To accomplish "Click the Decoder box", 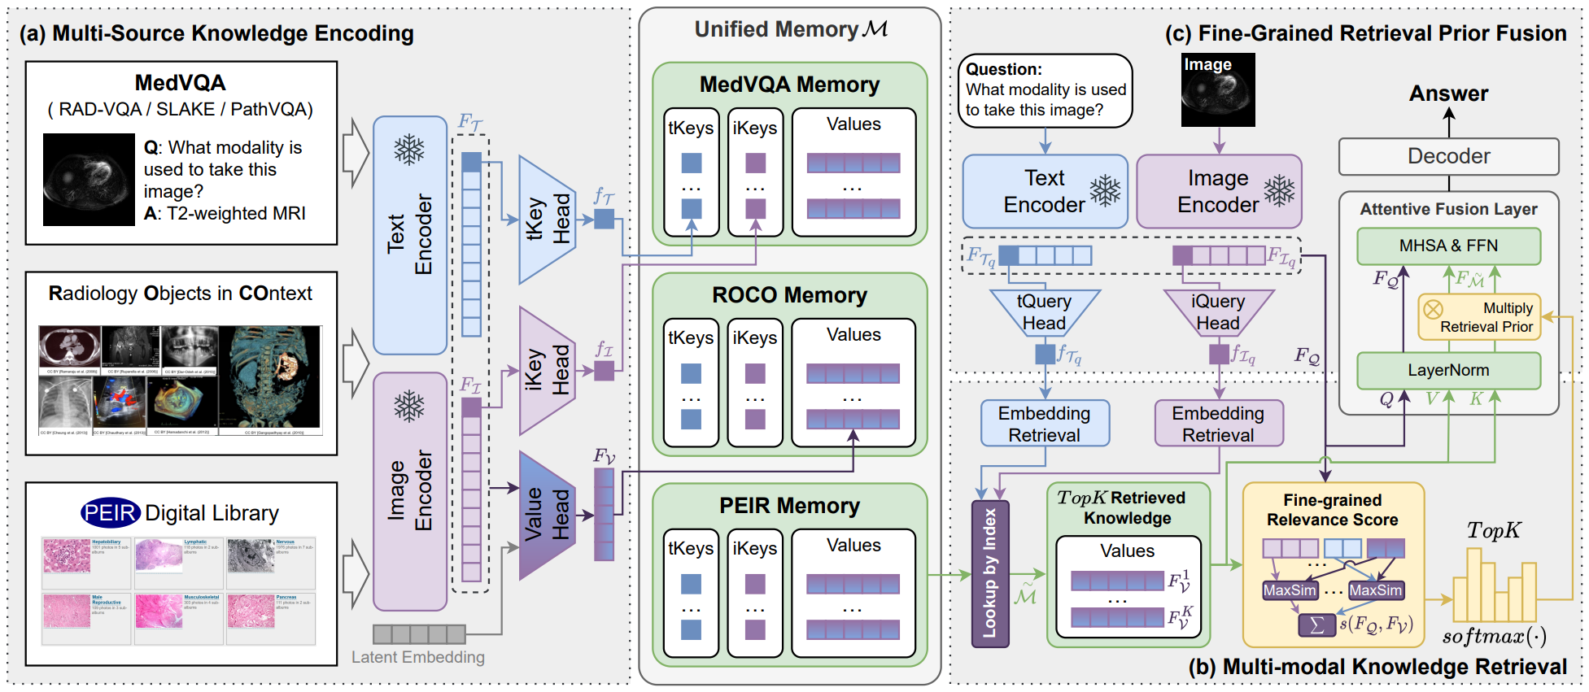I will click(1448, 156).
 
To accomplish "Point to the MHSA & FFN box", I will click(1448, 246).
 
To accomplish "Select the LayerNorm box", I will click(1448, 370).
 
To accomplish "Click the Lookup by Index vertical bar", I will click(990, 573).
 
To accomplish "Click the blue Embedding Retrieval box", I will click(1044, 424).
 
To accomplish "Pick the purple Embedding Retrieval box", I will click(1218, 424).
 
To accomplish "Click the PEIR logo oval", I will click(111, 513).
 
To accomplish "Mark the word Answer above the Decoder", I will click(1448, 94).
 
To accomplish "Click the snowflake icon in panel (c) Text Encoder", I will click(1105, 190).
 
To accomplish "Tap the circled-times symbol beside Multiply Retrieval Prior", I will click(1433, 309).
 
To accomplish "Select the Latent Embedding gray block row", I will click(419, 634).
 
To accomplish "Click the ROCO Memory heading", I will click(789, 295).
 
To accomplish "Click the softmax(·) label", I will click(1494, 636).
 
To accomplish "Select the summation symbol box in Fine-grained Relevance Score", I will click(1316, 625).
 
